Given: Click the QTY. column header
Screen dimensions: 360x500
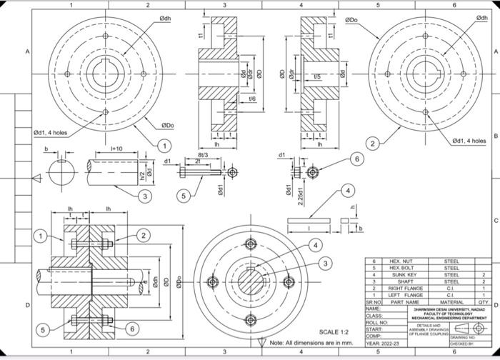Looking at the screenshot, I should [483, 302].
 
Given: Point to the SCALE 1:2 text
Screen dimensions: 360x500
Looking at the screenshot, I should [334, 332].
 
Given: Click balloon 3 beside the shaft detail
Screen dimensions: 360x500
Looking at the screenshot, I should [145, 195].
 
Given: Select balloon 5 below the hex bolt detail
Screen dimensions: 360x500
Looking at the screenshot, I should [184, 195].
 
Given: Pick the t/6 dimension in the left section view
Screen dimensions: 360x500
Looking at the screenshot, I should [251, 99].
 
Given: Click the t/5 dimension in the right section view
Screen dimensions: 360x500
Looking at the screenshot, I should [316, 76].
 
